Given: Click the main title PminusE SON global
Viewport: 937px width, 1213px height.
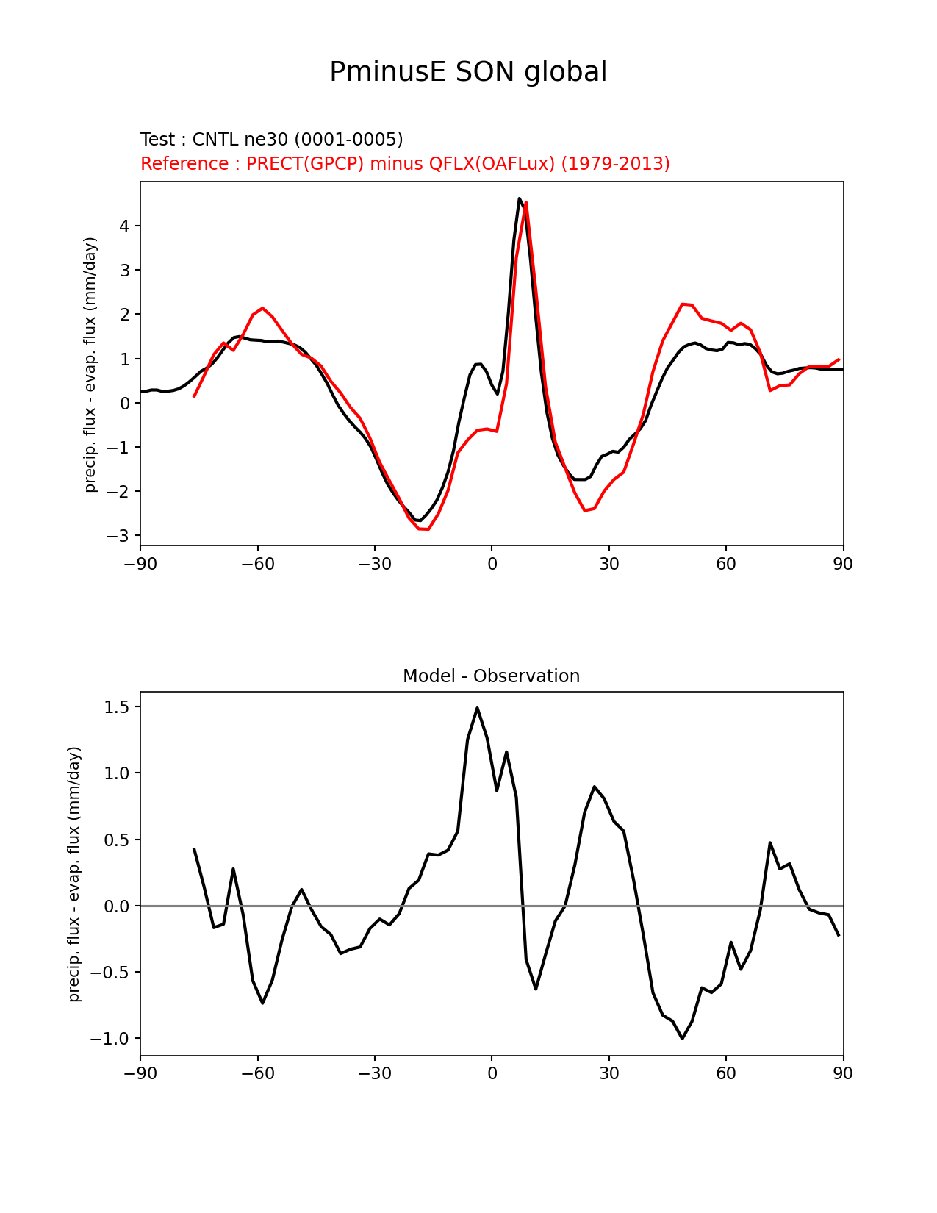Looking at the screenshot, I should click(x=468, y=72).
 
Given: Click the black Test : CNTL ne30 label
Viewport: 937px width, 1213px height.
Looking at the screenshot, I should click(x=271, y=140).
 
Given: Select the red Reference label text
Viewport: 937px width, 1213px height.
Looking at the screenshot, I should click(x=405, y=163).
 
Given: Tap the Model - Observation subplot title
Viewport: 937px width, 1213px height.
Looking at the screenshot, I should click(x=491, y=676).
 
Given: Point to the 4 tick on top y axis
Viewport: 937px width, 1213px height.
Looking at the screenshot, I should click(x=124, y=226).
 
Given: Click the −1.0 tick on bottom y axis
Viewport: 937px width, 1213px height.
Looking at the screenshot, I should click(x=110, y=1039).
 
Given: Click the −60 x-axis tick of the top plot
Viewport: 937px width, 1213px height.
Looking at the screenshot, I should click(x=257, y=564).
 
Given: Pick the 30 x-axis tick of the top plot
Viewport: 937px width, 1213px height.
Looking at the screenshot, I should click(x=608, y=564).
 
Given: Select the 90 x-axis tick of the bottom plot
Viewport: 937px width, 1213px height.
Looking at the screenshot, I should click(x=843, y=1073).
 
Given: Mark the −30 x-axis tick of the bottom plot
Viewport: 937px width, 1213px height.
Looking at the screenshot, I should click(x=374, y=1073).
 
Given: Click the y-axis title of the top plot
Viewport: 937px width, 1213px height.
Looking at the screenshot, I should click(x=90, y=364).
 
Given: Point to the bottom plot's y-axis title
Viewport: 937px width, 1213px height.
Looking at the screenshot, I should click(x=74, y=873).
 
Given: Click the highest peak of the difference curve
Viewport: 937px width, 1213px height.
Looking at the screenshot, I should click(x=477, y=708).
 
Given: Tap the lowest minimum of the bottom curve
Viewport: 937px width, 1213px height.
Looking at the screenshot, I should click(x=682, y=1038).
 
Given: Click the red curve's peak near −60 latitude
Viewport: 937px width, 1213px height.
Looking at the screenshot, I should click(x=262, y=308).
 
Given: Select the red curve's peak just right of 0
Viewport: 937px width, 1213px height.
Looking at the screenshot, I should click(x=526, y=202).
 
